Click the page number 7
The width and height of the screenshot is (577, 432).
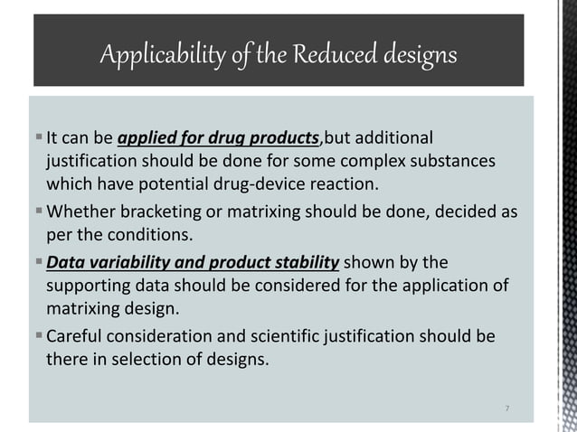click(507, 409)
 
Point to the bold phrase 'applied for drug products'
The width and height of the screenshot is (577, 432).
click(219, 138)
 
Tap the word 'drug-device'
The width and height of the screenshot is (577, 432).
click(287, 186)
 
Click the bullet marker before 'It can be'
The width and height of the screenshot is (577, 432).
click(36, 138)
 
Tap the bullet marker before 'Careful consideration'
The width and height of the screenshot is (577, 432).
click(36, 337)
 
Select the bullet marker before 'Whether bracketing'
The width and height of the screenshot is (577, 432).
click(36, 212)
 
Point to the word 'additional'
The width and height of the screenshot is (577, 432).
click(392, 138)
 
